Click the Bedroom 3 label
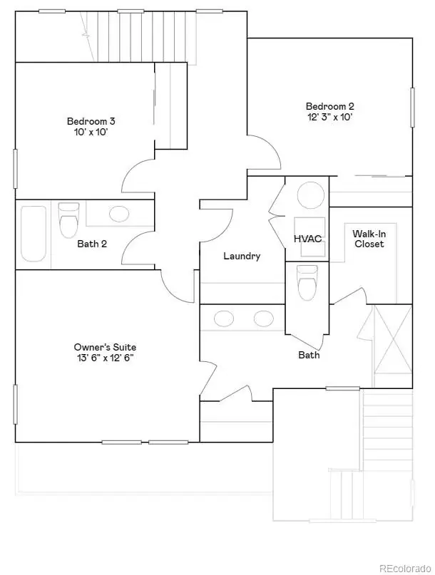(x=91, y=121)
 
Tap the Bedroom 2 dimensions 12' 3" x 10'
(x=329, y=117)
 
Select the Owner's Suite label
(x=105, y=347)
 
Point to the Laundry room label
(x=242, y=256)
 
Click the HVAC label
(x=307, y=239)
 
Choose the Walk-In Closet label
(x=369, y=239)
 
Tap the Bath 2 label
(x=92, y=244)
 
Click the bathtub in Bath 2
(x=34, y=234)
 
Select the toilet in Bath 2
(x=68, y=220)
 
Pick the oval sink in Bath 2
(x=119, y=214)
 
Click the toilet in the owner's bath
(x=307, y=282)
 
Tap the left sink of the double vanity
(x=224, y=318)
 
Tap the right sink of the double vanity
(x=264, y=318)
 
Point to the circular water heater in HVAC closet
(x=310, y=195)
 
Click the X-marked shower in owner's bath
(x=392, y=346)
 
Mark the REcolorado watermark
(x=405, y=569)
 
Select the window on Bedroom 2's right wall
(x=412, y=108)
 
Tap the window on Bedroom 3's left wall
(x=16, y=169)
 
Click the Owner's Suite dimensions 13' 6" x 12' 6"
(x=105, y=358)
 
